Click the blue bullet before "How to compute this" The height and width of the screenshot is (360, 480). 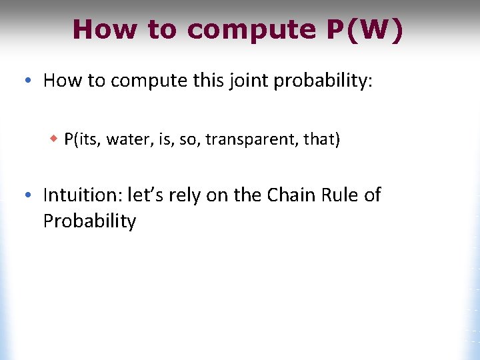coord(25,81)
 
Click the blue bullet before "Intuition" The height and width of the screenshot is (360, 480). coord(25,195)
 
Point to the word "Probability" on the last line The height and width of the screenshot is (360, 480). coord(89,221)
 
